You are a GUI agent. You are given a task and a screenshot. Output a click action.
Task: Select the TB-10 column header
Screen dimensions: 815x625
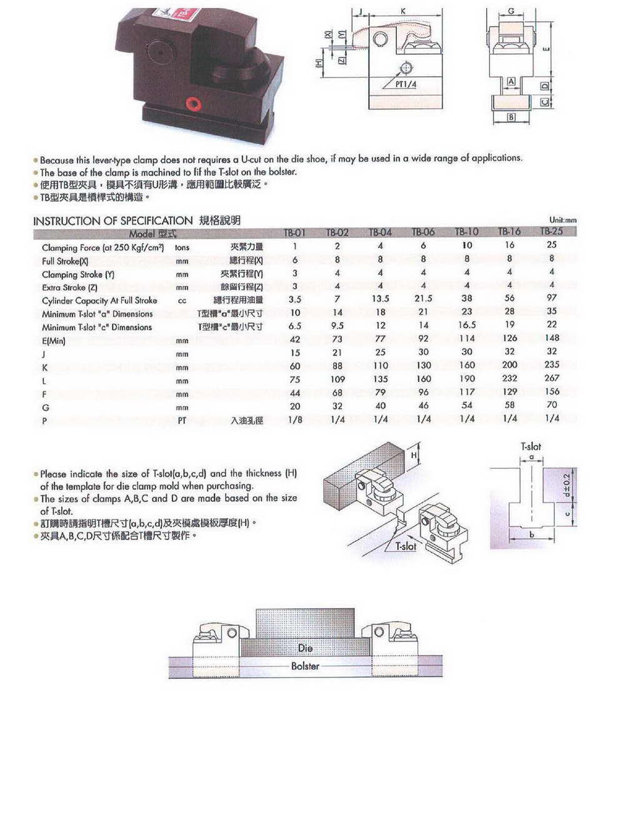pos(466,232)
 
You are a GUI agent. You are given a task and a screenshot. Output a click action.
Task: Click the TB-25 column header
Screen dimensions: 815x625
pos(551,231)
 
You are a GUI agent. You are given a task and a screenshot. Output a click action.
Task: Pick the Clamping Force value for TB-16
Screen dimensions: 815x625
pos(509,245)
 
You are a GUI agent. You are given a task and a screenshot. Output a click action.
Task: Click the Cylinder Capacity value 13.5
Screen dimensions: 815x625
pos(380,299)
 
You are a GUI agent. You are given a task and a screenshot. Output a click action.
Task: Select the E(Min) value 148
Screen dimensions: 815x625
pos(552,338)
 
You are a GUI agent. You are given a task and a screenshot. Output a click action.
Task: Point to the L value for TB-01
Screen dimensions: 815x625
pos(295,379)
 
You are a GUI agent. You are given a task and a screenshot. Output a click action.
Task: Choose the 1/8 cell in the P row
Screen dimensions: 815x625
pos(295,420)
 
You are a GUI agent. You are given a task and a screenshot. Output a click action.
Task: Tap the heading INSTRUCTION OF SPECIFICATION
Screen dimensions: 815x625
pos(112,221)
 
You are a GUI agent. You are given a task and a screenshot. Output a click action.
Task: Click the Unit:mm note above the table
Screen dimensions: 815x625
pos(562,220)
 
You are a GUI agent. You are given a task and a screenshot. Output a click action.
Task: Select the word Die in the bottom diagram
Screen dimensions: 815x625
pos(305,648)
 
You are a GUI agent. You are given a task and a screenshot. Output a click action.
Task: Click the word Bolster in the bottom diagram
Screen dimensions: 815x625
pos(305,666)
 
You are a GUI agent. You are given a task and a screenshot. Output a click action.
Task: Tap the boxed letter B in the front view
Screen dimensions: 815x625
pos(511,117)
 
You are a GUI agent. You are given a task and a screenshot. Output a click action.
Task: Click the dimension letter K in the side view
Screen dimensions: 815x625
pos(403,11)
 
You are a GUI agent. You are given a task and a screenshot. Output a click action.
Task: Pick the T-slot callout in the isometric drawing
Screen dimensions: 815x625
pos(406,546)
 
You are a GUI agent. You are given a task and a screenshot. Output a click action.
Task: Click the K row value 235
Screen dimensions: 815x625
pos(552,364)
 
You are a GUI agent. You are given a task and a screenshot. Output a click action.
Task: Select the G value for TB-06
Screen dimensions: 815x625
pos(423,406)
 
